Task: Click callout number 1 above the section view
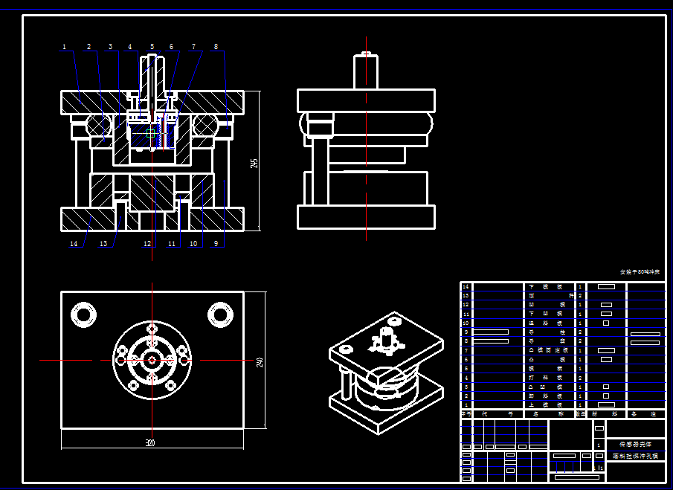64,47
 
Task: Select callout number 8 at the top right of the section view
216,47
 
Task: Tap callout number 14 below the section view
73,243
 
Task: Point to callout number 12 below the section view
147,243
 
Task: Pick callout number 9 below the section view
216,243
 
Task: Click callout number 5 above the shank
152,47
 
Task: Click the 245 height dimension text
254,162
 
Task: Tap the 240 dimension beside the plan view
260,361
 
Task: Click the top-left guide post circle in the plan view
84,314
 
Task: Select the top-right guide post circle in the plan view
219,314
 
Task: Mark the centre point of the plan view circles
152,360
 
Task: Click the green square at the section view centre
151,134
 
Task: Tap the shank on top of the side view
366,71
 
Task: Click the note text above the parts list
640,273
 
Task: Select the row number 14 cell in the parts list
466,286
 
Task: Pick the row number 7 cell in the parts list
466,350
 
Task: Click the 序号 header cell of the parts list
466,413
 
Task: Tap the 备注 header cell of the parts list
645,413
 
